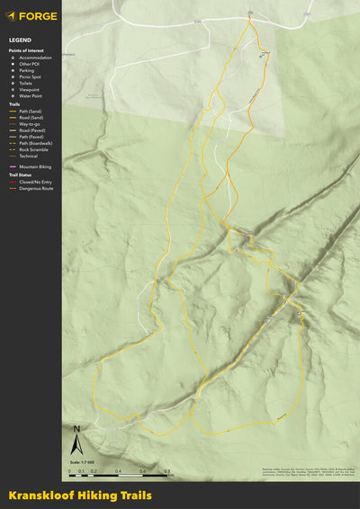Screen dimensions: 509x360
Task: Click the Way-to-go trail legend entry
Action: (x=30, y=123)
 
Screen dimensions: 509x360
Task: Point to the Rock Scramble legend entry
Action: (x=32, y=149)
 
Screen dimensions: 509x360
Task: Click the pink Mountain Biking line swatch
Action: (x=13, y=167)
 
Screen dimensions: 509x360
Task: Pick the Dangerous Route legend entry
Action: (x=34, y=189)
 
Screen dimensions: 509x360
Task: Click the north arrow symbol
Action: (x=77, y=442)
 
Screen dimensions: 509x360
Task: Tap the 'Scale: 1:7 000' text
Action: (x=82, y=462)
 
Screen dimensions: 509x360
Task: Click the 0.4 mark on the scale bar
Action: (x=119, y=471)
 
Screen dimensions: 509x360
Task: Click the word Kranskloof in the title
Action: (x=37, y=496)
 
